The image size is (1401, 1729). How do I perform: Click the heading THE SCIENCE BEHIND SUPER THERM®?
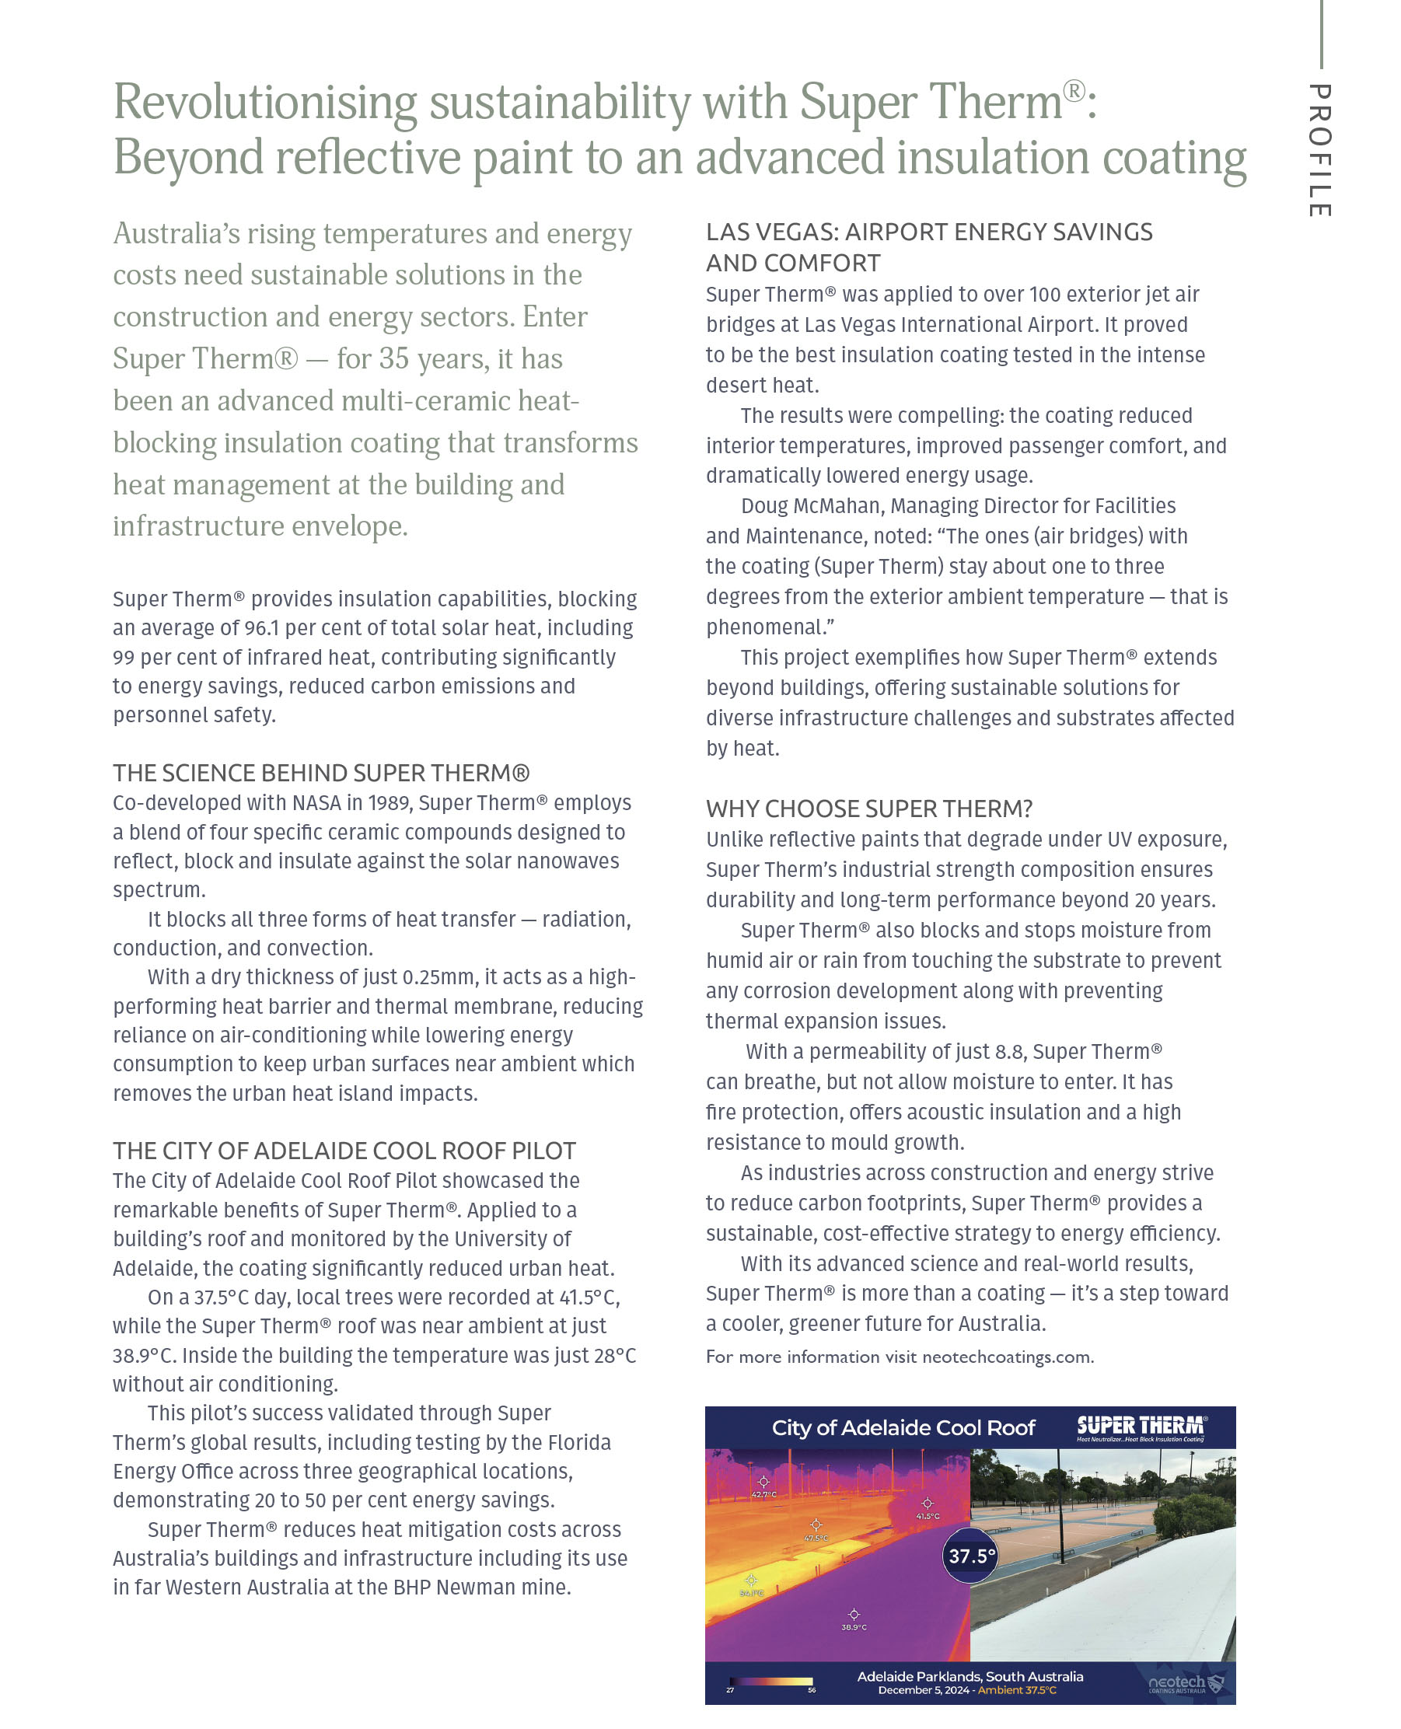[320, 773]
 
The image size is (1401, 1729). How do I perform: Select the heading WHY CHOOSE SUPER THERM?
[868, 809]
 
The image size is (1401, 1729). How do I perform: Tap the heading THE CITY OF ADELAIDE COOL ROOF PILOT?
[344, 1151]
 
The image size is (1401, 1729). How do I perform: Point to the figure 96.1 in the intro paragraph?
[262, 627]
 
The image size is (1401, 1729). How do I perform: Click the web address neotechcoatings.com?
[1007, 1357]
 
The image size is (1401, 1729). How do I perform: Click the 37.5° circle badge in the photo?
[971, 1556]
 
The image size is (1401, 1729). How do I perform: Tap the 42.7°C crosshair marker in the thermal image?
[763, 1481]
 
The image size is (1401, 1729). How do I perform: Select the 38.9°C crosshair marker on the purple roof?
[854, 1614]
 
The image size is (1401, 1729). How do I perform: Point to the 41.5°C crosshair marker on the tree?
[928, 1503]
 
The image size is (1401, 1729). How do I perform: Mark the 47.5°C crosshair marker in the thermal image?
[816, 1524]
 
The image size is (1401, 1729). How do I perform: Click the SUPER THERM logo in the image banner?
[1141, 1427]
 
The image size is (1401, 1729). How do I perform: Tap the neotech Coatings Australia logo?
[1185, 1684]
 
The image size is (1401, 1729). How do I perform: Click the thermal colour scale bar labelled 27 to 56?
[770, 1682]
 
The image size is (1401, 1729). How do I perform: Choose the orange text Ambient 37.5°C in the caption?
[1017, 1689]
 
